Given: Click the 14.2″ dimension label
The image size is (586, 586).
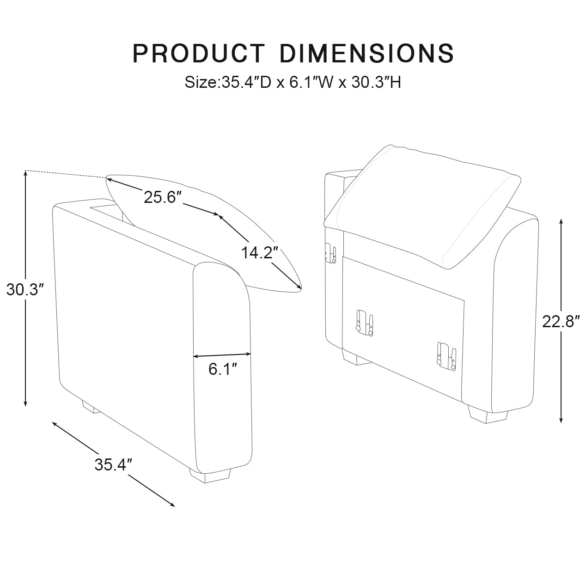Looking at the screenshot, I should (x=260, y=253).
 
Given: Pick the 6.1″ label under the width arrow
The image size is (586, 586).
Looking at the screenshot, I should (x=223, y=369).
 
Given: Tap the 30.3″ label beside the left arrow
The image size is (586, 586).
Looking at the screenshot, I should (x=25, y=290).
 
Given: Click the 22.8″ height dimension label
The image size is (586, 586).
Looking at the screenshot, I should (x=561, y=321).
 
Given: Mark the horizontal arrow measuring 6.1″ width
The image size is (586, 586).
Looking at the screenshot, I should (x=222, y=355).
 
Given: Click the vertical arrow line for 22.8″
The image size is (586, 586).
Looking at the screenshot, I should (x=561, y=370).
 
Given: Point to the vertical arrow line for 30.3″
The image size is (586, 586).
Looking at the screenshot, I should (x=26, y=351).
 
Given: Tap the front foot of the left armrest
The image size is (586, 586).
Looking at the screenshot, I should (x=210, y=476).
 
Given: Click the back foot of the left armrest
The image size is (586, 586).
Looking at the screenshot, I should (x=91, y=407).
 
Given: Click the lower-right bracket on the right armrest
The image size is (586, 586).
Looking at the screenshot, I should (x=446, y=356).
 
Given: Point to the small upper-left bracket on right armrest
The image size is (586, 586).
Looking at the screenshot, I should (x=330, y=253).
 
